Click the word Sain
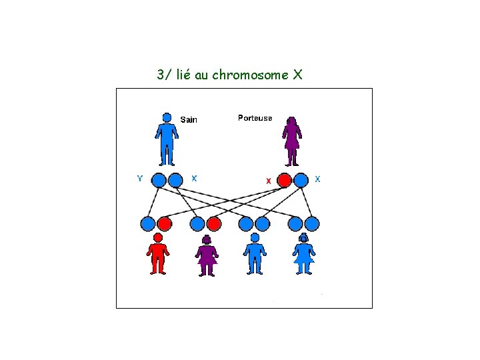point(189,120)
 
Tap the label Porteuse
point(255,118)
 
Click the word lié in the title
point(183,75)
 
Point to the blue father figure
point(167,140)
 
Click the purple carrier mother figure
point(291,141)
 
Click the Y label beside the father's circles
point(139,178)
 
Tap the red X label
point(268,181)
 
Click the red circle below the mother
point(285,180)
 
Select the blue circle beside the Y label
point(159,180)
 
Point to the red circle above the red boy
point(165,223)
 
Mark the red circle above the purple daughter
point(214,223)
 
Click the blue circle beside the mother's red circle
point(301,180)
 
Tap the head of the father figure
point(167,117)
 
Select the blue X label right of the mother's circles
point(317,179)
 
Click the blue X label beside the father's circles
point(194,178)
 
